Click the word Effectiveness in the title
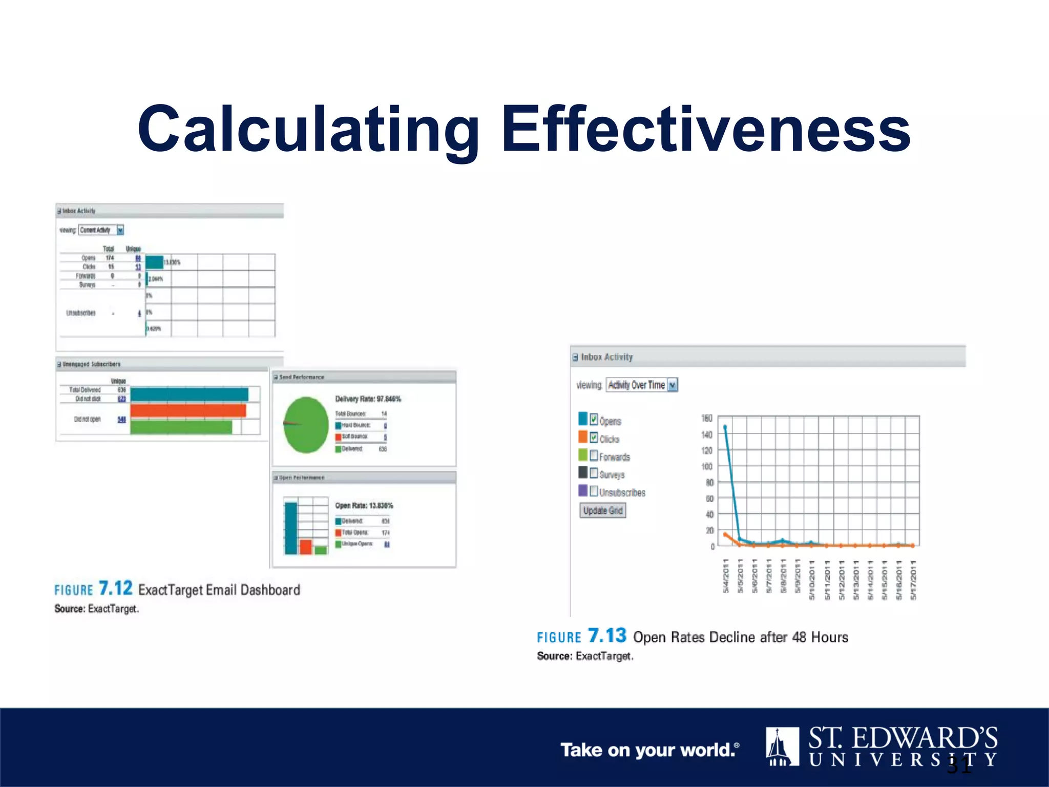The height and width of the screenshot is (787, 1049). tap(706, 129)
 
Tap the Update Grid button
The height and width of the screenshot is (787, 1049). tap(602, 510)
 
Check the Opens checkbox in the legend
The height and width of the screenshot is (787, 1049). tap(594, 420)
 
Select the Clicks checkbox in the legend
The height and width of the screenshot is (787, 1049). tap(594, 438)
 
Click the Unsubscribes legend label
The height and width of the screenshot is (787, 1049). tap(622, 492)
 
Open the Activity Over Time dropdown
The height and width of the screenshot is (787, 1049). tap(672, 385)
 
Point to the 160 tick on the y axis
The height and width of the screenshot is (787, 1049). tap(706, 419)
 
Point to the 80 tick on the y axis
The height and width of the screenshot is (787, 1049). tap(709, 482)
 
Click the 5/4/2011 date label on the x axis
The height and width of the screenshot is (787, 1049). tap(726, 576)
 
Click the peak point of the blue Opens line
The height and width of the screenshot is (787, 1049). tap(725, 427)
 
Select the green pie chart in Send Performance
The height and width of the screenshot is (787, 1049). tap(306, 425)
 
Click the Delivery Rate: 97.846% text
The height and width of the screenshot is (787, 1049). tap(368, 399)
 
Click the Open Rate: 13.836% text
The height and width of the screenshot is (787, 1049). tap(364, 505)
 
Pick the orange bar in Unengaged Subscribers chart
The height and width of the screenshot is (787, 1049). tap(188, 411)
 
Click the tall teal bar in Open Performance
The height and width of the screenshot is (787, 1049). tap(290, 528)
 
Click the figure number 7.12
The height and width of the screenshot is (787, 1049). tap(115, 588)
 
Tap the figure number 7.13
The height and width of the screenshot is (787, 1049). tap(607, 635)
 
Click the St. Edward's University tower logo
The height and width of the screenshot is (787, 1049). tap(782, 747)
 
